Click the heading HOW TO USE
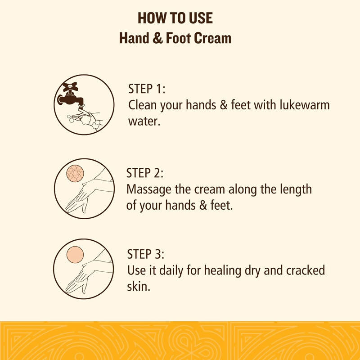coord(175,18)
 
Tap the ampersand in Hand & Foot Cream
coord(157,38)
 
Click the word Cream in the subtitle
coord(212,38)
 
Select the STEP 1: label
coord(147,89)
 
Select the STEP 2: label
coord(145,173)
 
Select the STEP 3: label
coord(146,254)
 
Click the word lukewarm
coord(305,105)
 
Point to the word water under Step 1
coord(144,121)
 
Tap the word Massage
coord(149,190)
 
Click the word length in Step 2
coord(296,190)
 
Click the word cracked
coord(306,270)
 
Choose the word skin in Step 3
coord(139,286)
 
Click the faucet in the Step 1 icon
coord(71,98)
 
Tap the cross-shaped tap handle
coord(70,86)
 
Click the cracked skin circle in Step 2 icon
coord(75,174)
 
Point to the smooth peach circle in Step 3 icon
coord(75,255)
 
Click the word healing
coord(222,270)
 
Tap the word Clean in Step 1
coord(142,105)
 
